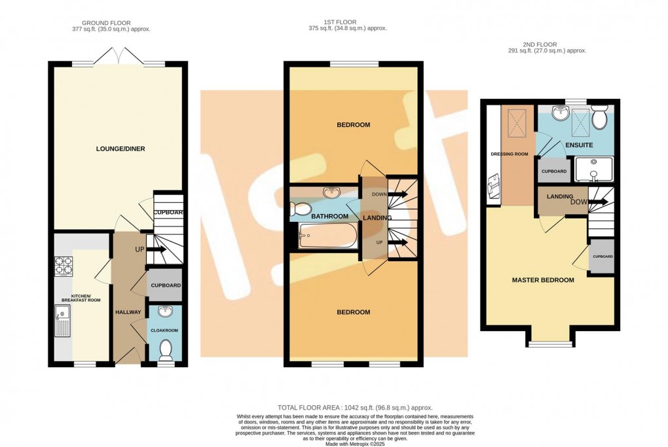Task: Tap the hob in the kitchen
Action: (x=64, y=267)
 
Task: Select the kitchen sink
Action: (x=64, y=324)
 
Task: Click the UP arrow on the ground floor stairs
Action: (x=155, y=249)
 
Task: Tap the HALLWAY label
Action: (x=128, y=312)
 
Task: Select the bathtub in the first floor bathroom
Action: (x=327, y=236)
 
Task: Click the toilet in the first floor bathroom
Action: (x=301, y=209)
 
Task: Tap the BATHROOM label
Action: (x=329, y=216)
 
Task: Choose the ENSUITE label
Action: (x=579, y=145)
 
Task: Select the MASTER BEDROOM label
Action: (x=543, y=280)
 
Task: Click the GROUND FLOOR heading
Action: (x=111, y=23)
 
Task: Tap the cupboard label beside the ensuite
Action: (x=553, y=171)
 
